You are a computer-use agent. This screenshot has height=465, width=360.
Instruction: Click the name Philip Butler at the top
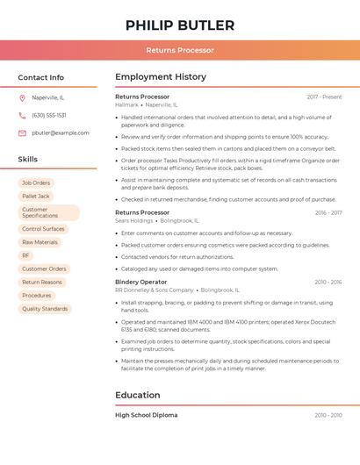pos(180,25)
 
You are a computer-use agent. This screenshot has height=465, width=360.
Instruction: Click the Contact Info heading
pos(41,77)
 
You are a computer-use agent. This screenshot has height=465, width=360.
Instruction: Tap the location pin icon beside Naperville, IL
pos(22,97)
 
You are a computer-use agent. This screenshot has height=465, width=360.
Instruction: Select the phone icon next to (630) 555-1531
pos(22,115)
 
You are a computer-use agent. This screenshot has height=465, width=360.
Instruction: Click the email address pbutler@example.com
pos(61,132)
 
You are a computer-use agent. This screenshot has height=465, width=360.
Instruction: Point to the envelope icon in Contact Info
pos(22,132)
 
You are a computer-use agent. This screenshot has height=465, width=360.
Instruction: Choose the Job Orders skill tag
pos(36,182)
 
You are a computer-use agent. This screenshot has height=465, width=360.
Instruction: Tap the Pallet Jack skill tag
pos(36,197)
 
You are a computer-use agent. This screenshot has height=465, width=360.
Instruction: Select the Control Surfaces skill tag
pos(43,229)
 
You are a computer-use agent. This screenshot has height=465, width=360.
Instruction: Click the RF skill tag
pos(25,255)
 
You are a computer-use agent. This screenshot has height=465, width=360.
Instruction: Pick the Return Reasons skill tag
pos(42,282)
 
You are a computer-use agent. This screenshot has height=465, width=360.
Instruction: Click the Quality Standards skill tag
pos(45,309)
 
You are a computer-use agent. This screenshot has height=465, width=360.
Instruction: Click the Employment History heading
pos(161,77)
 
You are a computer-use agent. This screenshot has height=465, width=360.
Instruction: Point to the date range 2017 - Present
pos(324,97)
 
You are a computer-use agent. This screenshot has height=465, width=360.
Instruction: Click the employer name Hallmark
pos(126,104)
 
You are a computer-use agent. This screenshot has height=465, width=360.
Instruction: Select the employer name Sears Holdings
pos(134,220)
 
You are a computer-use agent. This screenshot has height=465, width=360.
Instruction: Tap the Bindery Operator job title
pos(140,282)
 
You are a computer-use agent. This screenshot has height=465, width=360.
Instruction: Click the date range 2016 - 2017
pos(328,212)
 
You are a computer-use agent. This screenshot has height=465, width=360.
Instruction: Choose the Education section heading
pos(138,395)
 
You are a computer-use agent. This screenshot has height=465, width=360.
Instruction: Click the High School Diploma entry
pos(146,415)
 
